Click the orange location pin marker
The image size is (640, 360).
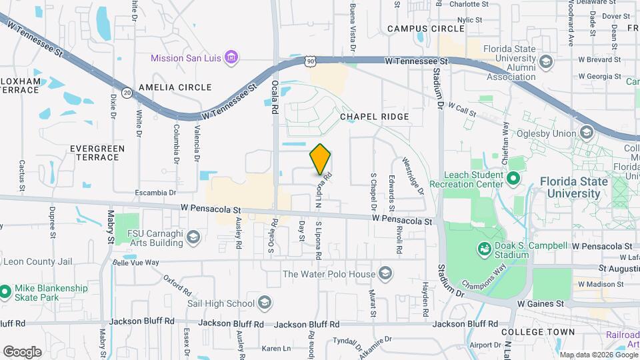click(x=320, y=159)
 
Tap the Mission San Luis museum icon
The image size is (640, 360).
click(x=231, y=58)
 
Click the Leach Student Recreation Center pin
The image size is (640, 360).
click(x=513, y=179)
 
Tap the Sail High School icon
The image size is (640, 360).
click(x=265, y=304)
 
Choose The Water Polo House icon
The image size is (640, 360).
click(x=385, y=273)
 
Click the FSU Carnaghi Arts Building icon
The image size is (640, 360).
click(x=193, y=237)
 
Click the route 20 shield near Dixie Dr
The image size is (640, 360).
click(x=127, y=93)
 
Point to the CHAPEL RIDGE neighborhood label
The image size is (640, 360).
click(x=374, y=117)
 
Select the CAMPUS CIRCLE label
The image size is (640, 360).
click(x=426, y=29)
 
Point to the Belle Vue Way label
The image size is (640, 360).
click(x=136, y=263)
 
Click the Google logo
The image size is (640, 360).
click(x=22, y=351)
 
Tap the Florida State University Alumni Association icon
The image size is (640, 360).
click(x=546, y=62)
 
